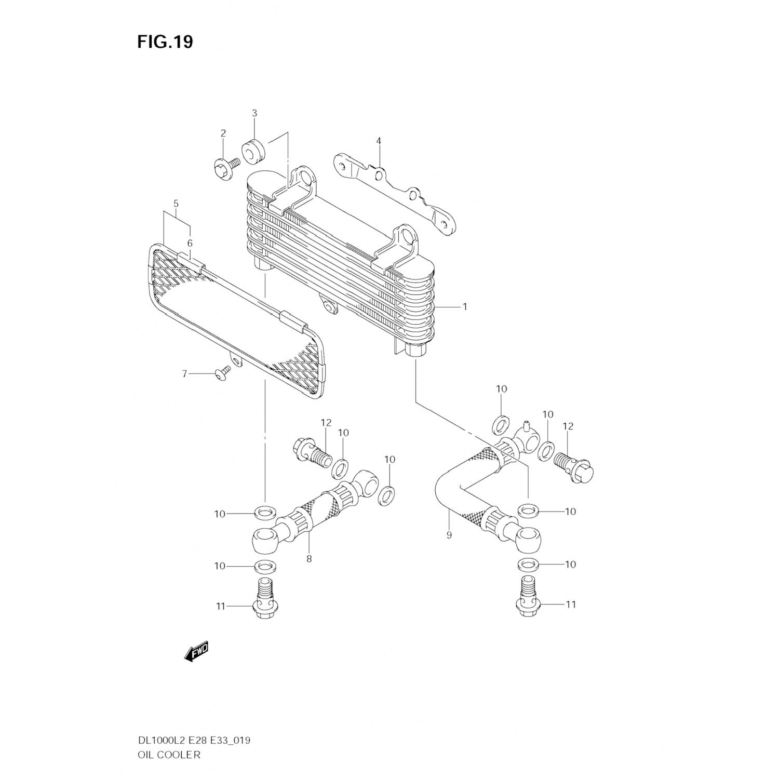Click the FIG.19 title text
pos(165,42)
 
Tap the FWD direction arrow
pos(196,651)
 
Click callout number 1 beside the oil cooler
pos(465,307)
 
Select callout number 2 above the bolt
pos(223,133)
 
